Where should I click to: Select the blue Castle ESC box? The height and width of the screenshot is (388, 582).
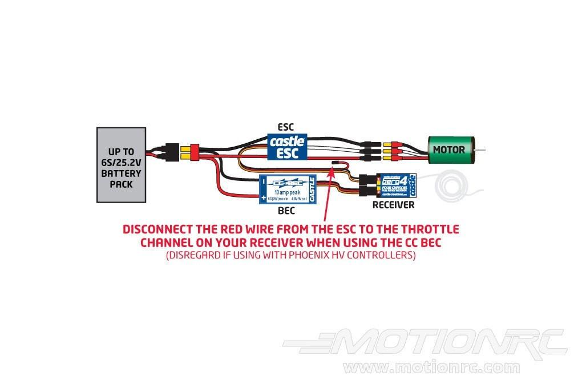point(288,147)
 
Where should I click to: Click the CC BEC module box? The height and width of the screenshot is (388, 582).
point(288,188)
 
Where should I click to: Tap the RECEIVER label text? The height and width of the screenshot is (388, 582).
point(393,205)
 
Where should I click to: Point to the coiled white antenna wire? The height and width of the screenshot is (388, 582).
point(451,185)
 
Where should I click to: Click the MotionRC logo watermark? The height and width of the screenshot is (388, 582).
point(425,342)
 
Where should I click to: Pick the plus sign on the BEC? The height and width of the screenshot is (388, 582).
point(263,198)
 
